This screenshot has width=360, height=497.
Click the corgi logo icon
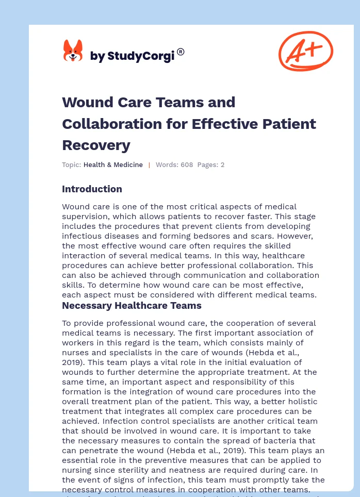coord(73,51)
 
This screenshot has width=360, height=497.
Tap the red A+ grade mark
coord(305,51)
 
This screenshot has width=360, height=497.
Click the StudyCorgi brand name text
coord(133,56)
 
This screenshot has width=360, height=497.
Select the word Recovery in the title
coord(96,145)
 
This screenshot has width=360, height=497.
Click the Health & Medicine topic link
coord(113,165)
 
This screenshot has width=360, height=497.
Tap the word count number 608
coord(186,165)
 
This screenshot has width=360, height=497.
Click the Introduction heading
coord(92,189)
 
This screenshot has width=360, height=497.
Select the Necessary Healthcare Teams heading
coord(132,306)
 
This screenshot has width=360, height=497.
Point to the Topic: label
coord(72,165)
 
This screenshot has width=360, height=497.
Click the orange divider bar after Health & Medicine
coord(149,165)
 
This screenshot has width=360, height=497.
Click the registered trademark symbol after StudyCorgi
coord(181,52)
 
